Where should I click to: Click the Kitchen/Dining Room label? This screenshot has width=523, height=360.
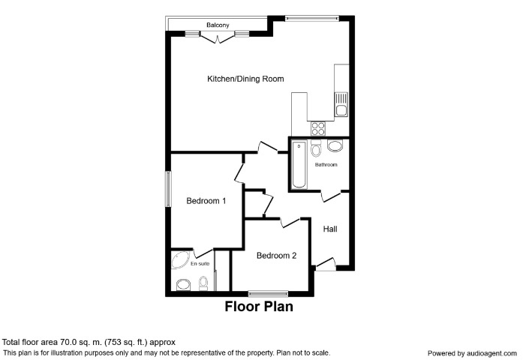[x=245, y=79]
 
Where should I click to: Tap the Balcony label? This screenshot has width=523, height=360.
[x=218, y=24]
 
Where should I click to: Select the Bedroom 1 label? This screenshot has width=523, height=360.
[x=206, y=201]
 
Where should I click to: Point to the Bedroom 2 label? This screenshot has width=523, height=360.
[x=276, y=256]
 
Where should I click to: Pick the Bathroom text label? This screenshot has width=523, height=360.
[x=326, y=164]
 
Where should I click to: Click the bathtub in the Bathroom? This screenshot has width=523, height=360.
[x=299, y=164]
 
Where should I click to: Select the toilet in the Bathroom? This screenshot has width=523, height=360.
[x=316, y=148]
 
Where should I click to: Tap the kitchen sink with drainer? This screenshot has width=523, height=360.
[x=341, y=103]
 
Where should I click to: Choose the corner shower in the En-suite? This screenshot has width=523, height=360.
[x=181, y=261]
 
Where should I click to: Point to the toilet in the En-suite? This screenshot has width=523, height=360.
[x=203, y=284]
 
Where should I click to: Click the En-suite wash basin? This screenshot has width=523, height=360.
[x=182, y=284]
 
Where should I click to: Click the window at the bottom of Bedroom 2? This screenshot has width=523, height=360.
[x=268, y=292]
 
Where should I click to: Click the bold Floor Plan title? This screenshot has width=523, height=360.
[x=259, y=307]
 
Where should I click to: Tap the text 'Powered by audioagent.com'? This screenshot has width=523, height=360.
[x=472, y=352]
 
